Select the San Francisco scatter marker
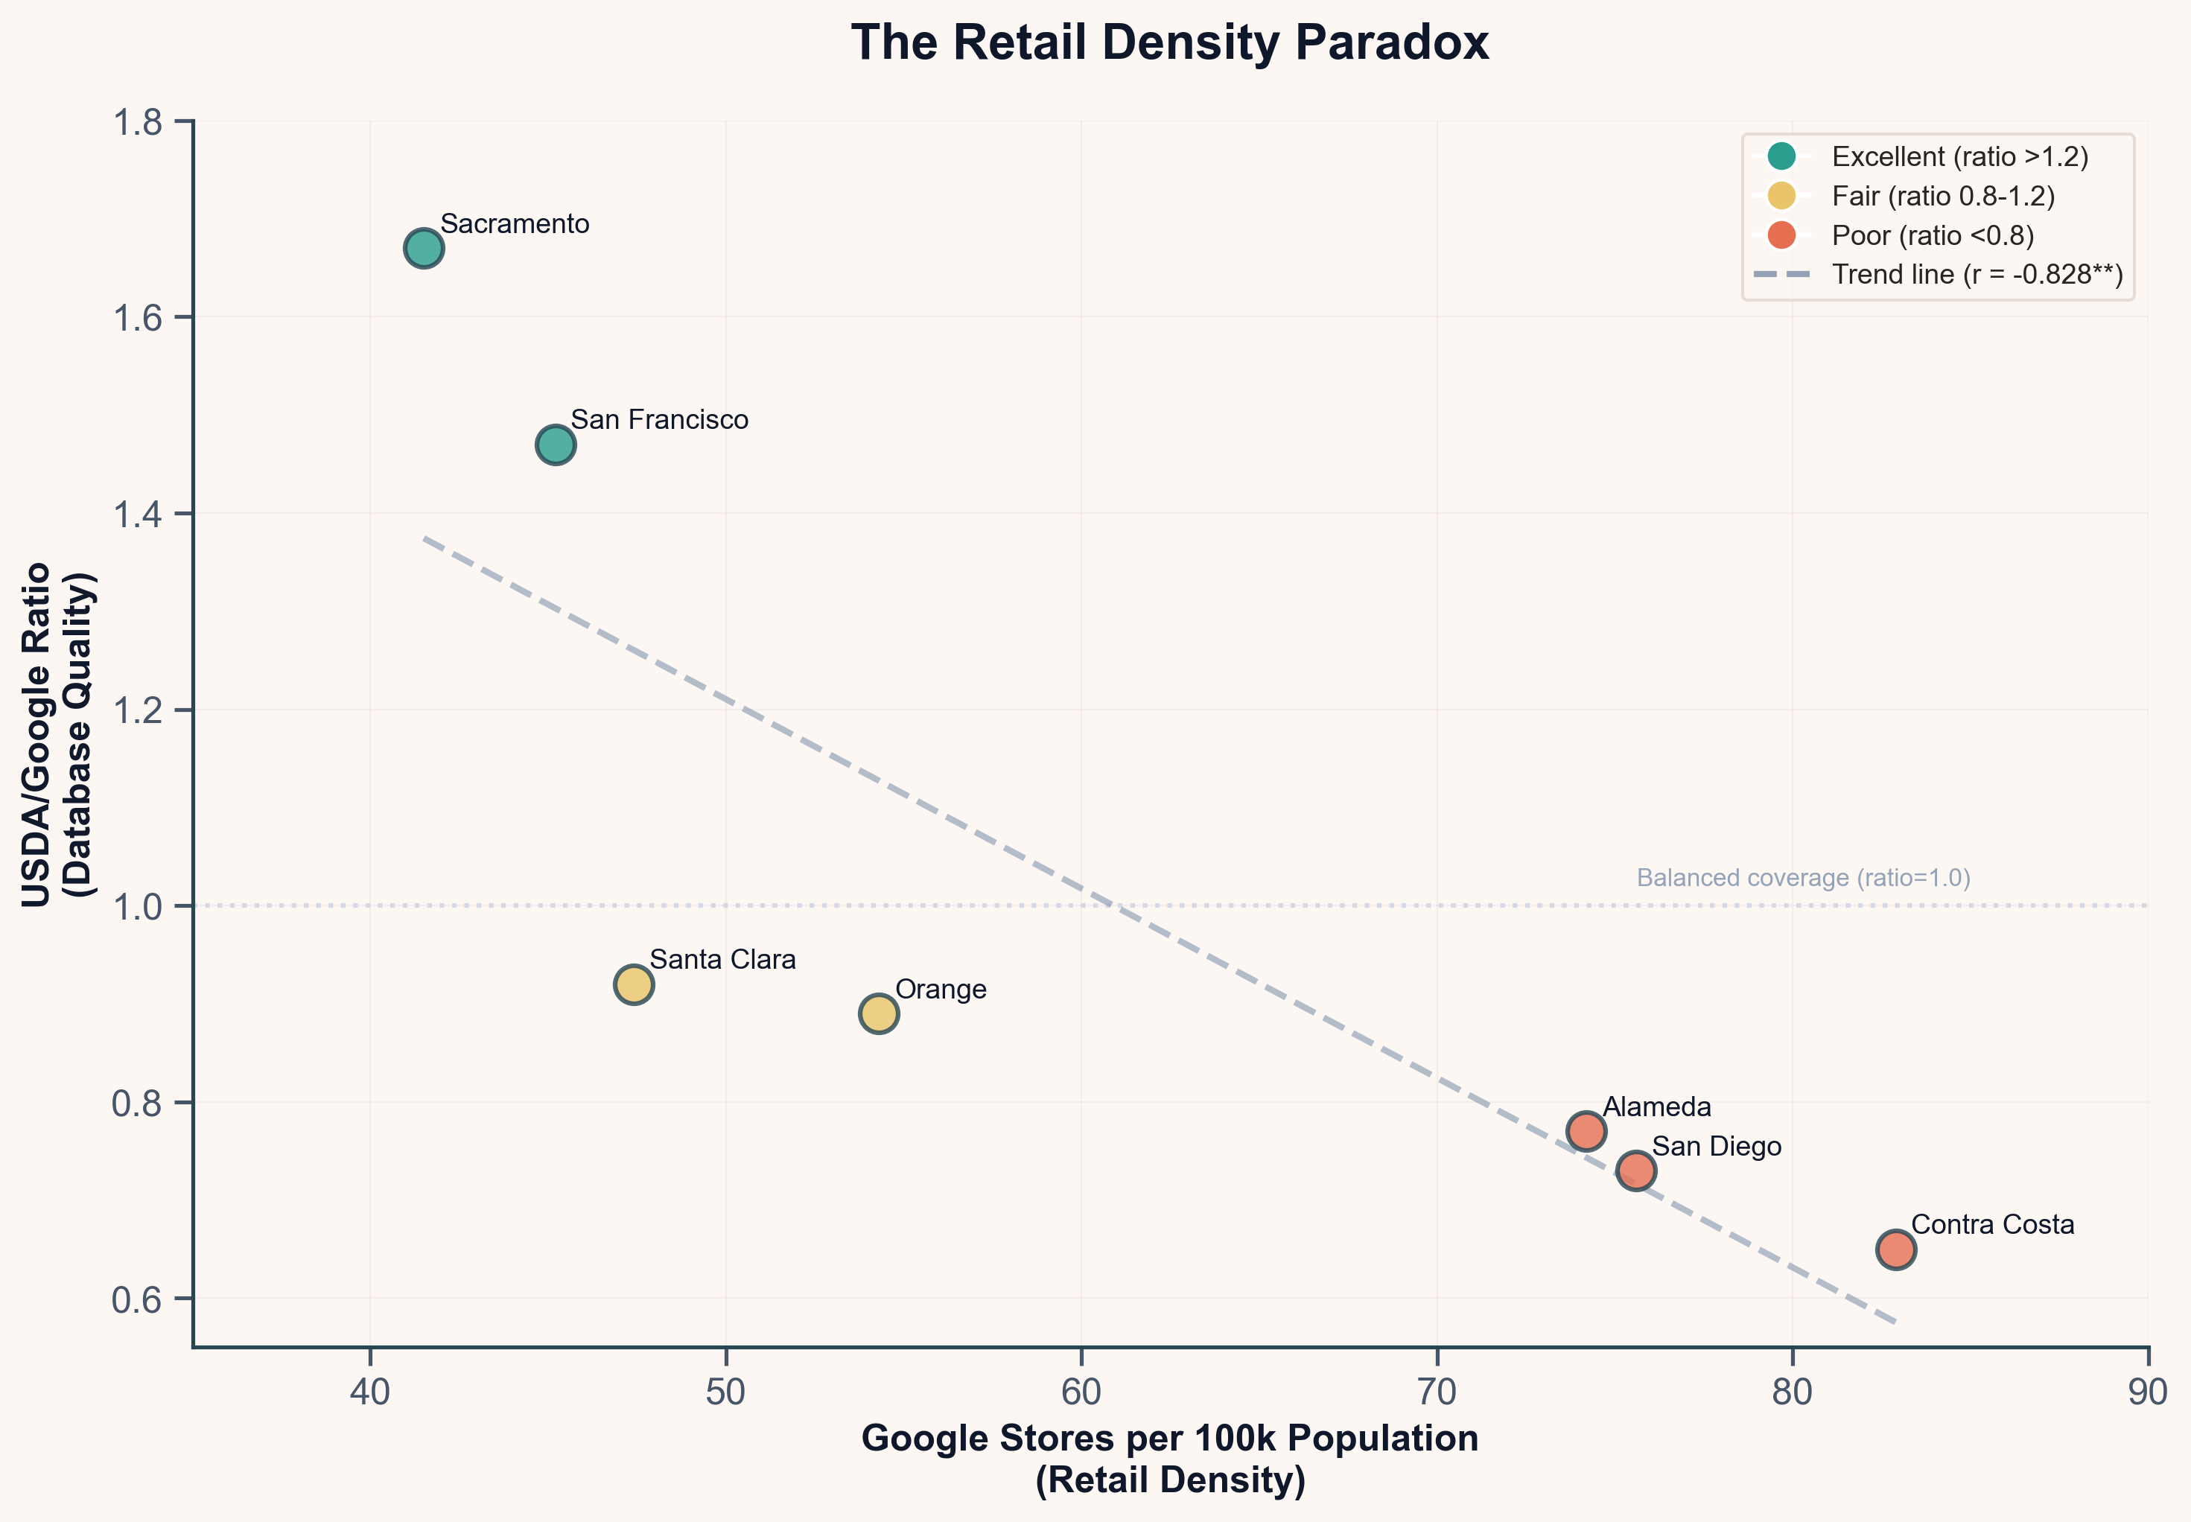point(555,445)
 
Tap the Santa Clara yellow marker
point(633,984)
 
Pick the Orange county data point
point(879,1013)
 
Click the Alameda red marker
point(1586,1131)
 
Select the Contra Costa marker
point(1896,1249)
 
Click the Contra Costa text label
point(1993,1224)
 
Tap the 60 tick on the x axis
point(1081,1393)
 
